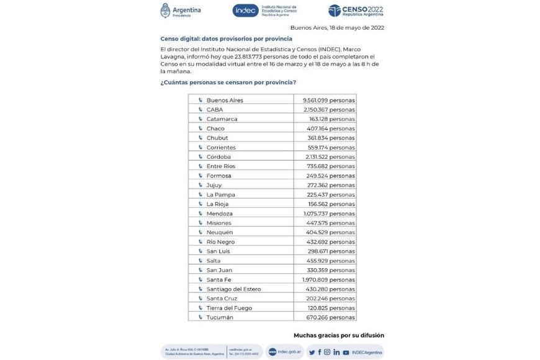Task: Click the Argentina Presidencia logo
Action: (x=181, y=11)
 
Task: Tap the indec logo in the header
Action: (x=264, y=11)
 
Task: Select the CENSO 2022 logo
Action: (x=356, y=11)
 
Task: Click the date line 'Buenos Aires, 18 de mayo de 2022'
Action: (x=337, y=27)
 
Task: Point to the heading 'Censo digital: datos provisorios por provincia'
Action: (x=226, y=38)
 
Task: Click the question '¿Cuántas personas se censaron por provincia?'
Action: (x=228, y=83)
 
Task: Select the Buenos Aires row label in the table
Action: (x=225, y=100)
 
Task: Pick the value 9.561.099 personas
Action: (x=328, y=100)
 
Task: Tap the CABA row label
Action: (x=215, y=109)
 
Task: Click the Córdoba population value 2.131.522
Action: (x=330, y=157)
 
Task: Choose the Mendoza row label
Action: (x=219, y=214)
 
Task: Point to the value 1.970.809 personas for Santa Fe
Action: (x=328, y=280)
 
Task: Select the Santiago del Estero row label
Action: (x=233, y=289)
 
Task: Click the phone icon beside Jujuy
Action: (x=200, y=185)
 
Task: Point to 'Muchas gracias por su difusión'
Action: (x=338, y=335)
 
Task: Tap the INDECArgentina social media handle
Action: (x=367, y=352)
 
